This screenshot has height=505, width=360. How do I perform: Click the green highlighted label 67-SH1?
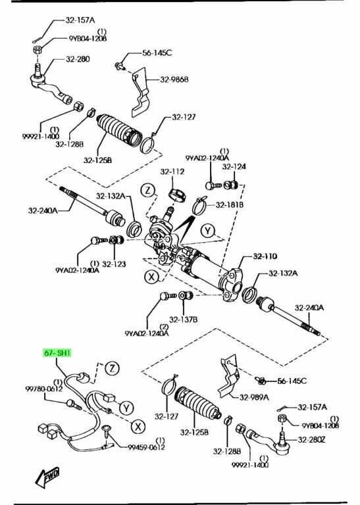[57, 353]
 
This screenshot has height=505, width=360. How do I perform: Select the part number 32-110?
[265, 256]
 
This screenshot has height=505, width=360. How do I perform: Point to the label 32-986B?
[174, 79]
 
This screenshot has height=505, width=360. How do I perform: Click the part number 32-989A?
[254, 397]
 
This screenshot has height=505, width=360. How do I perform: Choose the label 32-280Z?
[311, 439]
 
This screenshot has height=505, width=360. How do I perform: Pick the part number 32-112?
[172, 172]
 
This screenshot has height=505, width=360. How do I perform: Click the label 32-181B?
[230, 205]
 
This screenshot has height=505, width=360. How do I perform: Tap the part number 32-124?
[234, 166]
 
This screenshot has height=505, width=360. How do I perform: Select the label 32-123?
[114, 264]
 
